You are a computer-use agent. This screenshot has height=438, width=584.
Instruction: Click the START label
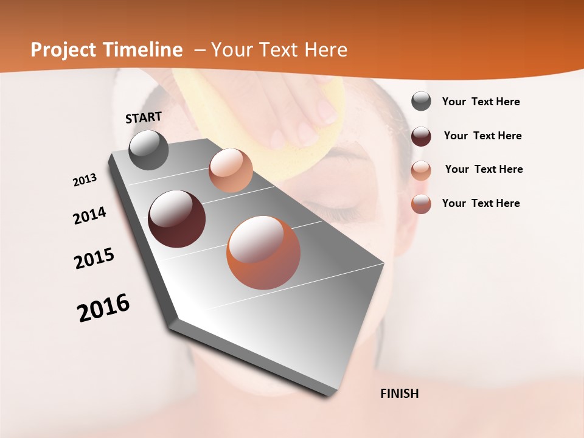144,117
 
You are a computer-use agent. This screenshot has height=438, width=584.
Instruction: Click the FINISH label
399,394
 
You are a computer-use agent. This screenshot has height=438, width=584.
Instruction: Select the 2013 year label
85,180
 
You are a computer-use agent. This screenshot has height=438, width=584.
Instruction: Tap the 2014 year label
89,215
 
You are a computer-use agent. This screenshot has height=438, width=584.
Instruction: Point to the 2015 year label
94,259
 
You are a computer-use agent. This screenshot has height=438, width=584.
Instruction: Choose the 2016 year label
103,307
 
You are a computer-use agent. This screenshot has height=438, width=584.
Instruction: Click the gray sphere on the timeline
148,150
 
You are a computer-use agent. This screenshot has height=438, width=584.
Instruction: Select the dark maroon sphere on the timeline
176,219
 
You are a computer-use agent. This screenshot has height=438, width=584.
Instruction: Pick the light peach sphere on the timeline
231,170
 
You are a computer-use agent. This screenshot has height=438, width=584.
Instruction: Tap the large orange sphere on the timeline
263,252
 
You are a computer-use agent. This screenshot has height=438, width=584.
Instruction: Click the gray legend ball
421,102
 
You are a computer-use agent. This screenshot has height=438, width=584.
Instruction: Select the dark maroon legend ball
421,136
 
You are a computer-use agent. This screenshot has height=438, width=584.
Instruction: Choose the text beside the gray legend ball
481,102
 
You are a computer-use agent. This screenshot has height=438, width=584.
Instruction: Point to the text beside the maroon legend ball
482,136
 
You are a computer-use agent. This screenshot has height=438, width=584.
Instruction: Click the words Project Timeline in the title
106,50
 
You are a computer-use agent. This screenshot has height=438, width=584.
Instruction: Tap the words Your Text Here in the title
279,50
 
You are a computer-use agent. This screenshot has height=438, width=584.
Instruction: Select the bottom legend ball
421,204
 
